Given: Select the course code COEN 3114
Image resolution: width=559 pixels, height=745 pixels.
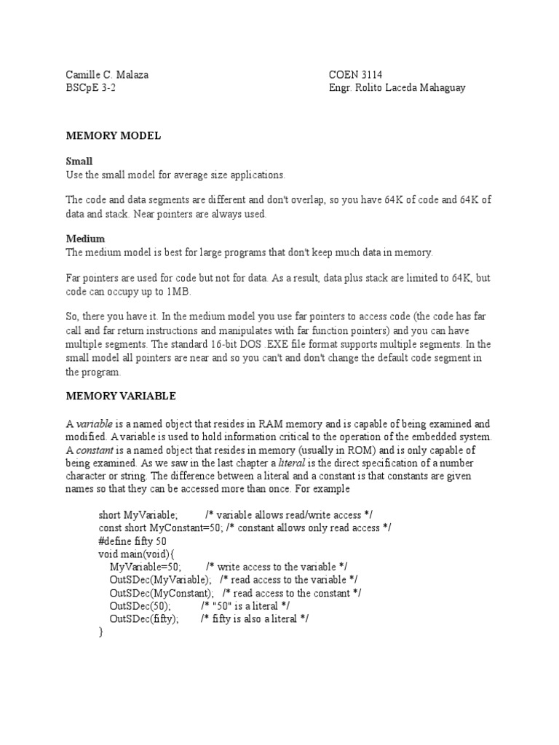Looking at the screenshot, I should click(x=356, y=74).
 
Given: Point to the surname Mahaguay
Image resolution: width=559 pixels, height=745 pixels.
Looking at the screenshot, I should click(x=435, y=88).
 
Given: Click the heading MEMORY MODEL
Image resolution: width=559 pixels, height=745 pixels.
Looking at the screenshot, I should click(x=113, y=136).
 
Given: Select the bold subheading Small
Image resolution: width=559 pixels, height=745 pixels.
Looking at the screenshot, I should click(x=79, y=161).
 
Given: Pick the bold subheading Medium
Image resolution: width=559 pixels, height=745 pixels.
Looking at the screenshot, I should click(x=85, y=239).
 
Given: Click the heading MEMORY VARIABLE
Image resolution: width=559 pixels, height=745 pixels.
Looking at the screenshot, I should click(x=120, y=397).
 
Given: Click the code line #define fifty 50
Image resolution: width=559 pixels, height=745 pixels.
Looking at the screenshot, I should click(x=132, y=541).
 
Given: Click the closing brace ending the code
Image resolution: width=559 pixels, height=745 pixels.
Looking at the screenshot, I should click(x=100, y=632).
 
